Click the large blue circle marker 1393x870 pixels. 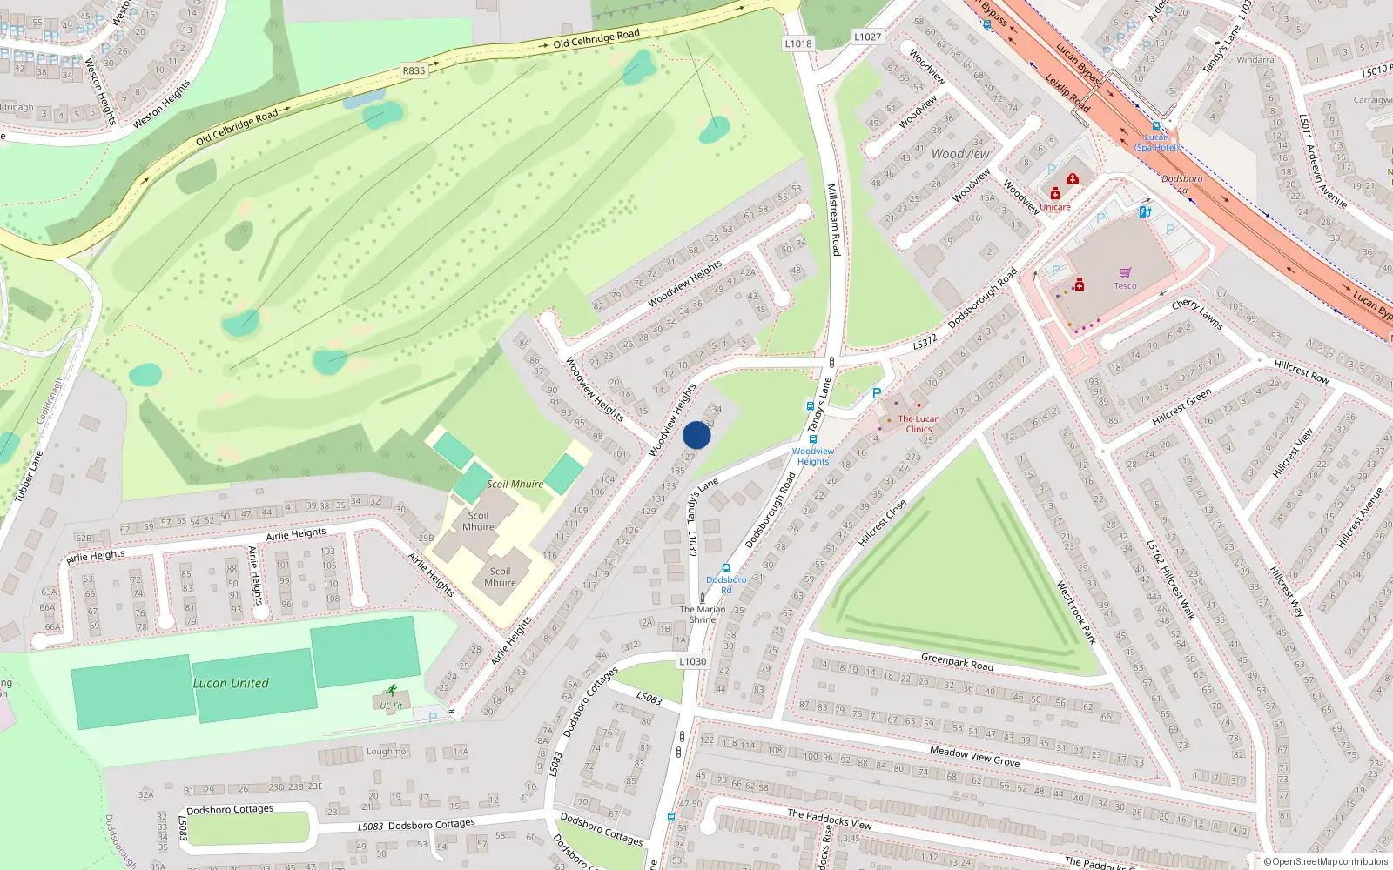696,436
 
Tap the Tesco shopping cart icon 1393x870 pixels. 1126,273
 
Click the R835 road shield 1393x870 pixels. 414,70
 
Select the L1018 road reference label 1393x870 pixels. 797,43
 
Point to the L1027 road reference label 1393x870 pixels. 867,37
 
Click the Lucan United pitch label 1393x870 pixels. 231,683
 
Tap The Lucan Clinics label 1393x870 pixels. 919,424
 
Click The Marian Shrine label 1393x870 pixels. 703,614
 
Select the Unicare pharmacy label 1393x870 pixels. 1055,207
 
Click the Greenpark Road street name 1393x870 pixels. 957,662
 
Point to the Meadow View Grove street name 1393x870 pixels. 974,755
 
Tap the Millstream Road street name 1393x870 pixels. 833,219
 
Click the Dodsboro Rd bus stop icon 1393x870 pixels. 726,568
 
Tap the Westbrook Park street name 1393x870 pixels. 1075,612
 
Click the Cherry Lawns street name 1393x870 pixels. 1197,314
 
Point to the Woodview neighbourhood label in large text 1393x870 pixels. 960,154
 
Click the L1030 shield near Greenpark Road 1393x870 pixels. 692,661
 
